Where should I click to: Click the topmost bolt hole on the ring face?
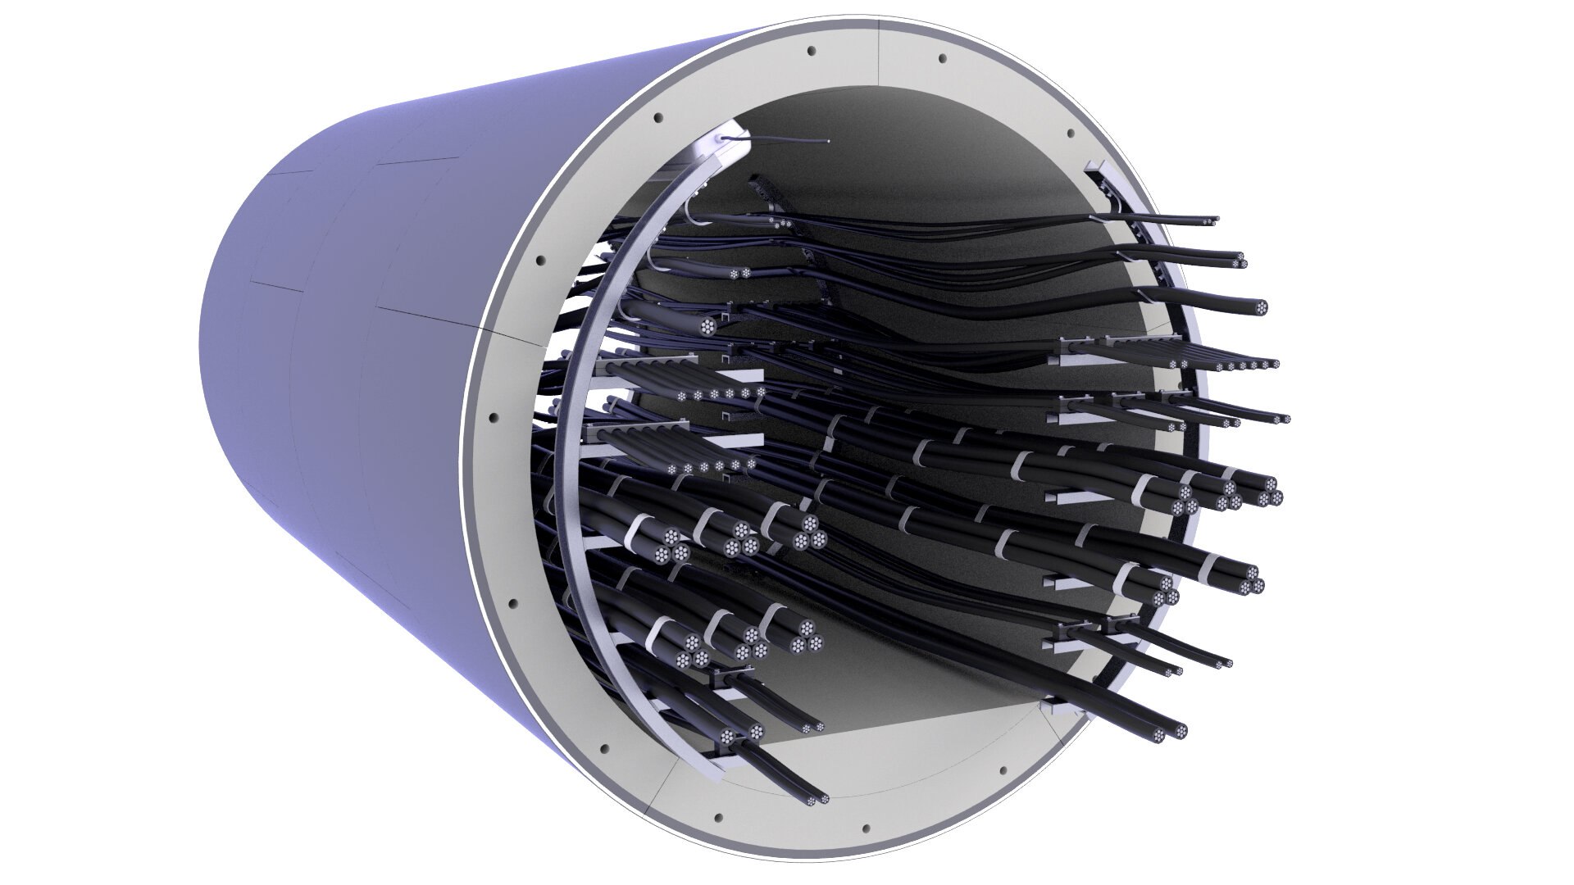(x=812, y=51)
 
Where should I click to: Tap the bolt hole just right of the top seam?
(x=943, y=59)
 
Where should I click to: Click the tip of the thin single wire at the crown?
(x=829, y=140)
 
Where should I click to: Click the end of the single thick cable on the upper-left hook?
(x=707, y=325)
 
